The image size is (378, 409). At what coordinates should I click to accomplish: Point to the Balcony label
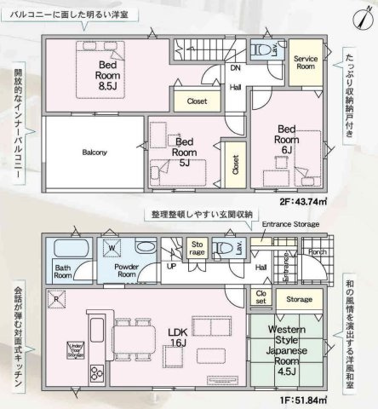[x=94, y=153]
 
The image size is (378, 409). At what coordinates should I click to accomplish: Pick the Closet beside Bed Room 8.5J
[x=197, y=100]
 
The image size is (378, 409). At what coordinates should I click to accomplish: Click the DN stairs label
[x=232, y=69]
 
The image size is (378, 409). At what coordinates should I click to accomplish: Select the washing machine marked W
[x=112, y=249]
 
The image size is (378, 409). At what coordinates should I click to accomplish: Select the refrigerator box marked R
[x=55, y=298]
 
